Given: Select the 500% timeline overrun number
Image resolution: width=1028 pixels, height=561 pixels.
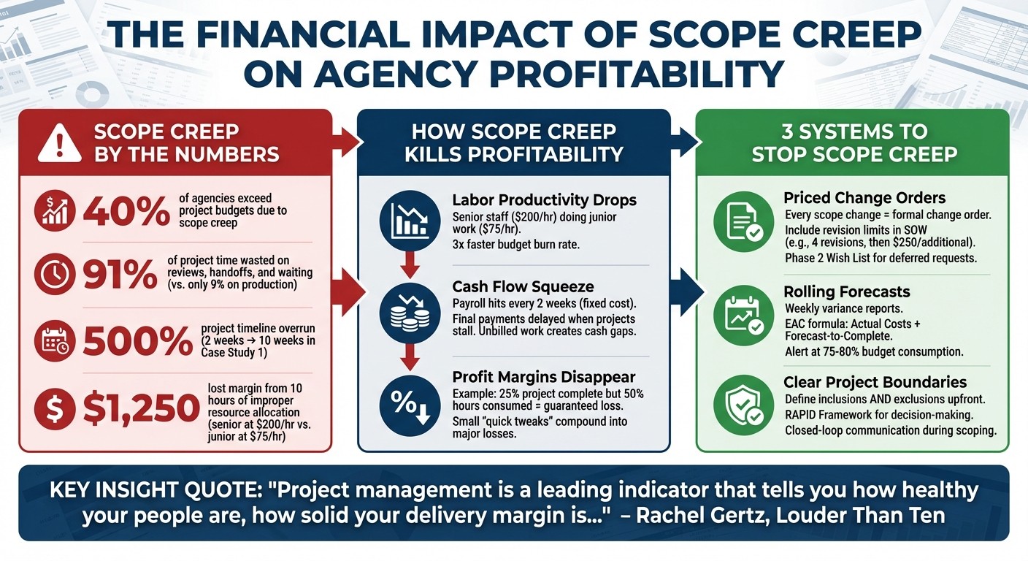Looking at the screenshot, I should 136,340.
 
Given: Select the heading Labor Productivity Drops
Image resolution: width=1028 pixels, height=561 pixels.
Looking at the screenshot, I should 544,200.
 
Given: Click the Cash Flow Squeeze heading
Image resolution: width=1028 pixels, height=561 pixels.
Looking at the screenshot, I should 522,286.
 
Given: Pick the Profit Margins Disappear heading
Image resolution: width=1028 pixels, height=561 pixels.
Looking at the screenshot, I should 544,377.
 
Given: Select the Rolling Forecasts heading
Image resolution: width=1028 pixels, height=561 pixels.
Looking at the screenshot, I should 847,291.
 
